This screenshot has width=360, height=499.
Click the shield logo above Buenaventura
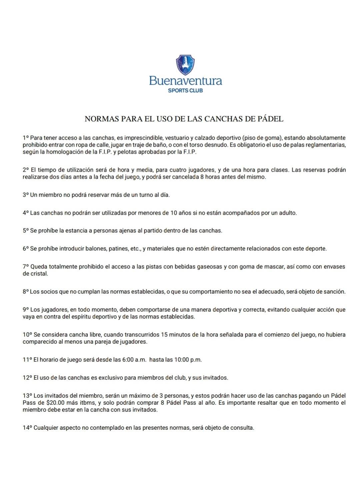pos(185,65)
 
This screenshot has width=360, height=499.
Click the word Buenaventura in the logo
pos(185,81)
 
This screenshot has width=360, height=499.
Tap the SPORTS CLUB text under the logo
pos(185,90)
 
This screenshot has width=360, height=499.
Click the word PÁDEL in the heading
pos(270,119)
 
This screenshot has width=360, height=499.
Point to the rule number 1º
pos(26,138)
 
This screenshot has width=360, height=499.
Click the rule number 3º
pos(26,195)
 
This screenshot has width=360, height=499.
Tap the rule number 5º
pos(26,230)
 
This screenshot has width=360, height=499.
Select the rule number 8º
pos(26,292)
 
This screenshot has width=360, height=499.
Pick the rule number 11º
pos(27,360)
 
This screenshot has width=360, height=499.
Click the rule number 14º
pos(27,428)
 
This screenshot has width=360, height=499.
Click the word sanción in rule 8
pos(335,292)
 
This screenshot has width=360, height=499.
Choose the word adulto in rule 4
pos(288,213)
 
